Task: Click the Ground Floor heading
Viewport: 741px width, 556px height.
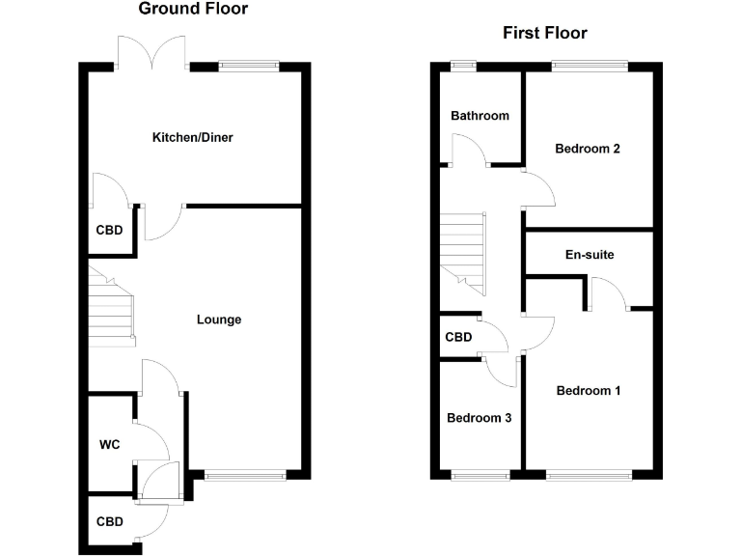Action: (x=193, y=10)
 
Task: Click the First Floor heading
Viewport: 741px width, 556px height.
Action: (x=544, y=33)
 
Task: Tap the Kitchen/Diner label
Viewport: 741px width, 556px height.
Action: (x=193, y=138)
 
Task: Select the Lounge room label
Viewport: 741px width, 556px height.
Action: (x=219, y=320)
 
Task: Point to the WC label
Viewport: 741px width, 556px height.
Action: (x=109, y=445)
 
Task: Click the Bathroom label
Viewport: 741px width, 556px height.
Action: (x=480, y=116)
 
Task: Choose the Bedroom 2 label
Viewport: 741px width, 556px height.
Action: (x=587, y=149)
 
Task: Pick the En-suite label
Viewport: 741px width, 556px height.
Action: (x=590, y=255)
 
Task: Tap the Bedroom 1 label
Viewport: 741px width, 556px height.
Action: (x=588, y=391)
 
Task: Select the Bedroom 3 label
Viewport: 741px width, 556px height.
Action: (x=479, y=418)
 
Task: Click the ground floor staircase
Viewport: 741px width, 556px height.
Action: (x=111, y=307)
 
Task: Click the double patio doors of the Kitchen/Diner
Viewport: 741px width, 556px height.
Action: (x=151, y=54)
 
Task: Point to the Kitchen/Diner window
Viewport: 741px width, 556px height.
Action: (x=248, y=66)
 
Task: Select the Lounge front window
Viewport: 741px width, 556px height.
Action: (x=245, y=474)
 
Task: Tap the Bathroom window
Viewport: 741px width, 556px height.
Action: (x=463, y=66)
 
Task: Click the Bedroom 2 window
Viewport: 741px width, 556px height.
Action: (x=590, y=66)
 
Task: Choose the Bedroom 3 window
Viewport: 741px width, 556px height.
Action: (x=480, y=474)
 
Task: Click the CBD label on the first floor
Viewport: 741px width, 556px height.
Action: (x=458, y=338)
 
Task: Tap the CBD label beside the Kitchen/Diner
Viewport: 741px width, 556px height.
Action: (x=109, y=232)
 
